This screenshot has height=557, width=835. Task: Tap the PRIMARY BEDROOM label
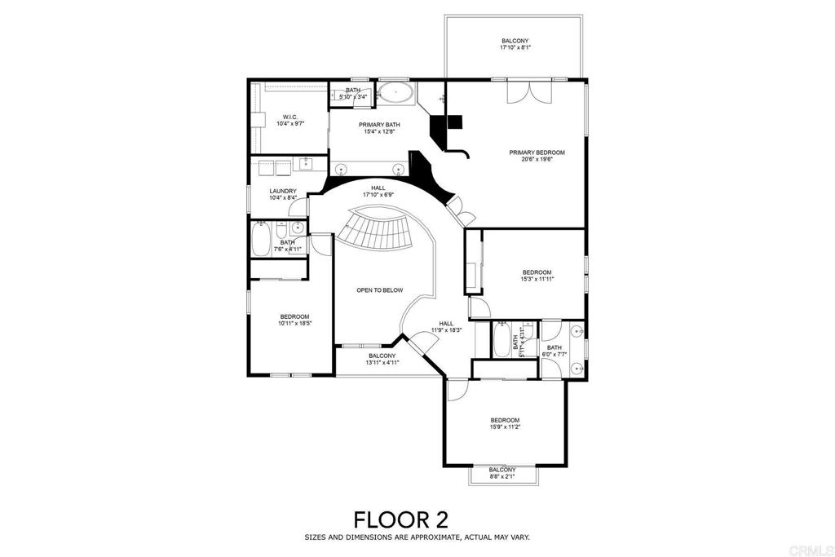[x=537, y=153]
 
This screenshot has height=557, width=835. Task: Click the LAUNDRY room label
[x=282, y=192]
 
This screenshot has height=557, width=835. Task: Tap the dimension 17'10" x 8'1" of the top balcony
[x=515, y=48]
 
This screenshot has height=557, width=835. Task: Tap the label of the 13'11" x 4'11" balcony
[x=382, y=356]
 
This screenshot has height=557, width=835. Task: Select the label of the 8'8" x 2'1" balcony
[x=502, y=470]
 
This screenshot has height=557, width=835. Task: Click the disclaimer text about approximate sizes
[x=417, y=537]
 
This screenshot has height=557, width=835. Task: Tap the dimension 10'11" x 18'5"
[x=294, y=324]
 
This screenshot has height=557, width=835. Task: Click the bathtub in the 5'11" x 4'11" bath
[x=501, y=342]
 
